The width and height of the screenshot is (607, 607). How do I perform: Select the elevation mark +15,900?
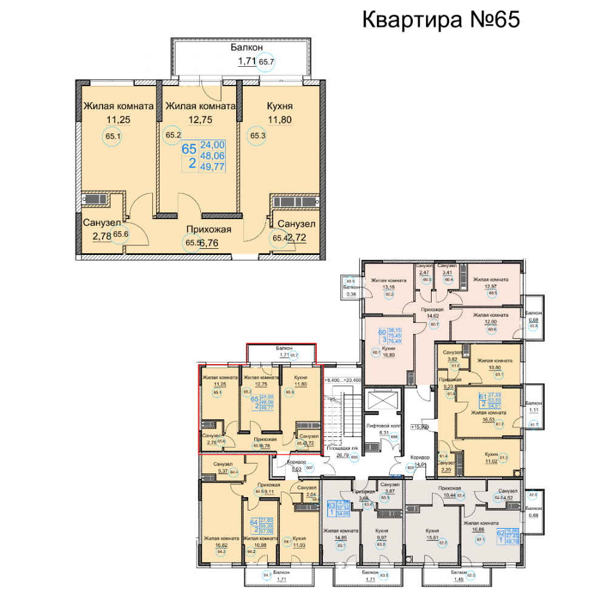click(x=420, y=427)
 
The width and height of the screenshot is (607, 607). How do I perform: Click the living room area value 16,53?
click(x=484, y=419)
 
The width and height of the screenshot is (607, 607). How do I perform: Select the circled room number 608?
click(x=393, y=437)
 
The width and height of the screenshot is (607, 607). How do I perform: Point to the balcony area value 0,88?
click(x=534, y=515)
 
